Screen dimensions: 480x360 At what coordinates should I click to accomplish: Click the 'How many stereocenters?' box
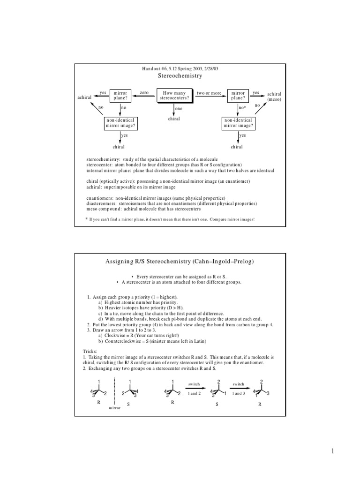click(174, 96)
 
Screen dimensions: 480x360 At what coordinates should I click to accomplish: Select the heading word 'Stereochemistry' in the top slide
click(180, 76)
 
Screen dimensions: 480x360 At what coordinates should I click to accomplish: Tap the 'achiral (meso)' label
click(274, 97)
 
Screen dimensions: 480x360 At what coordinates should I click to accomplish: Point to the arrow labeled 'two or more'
click(209, 96)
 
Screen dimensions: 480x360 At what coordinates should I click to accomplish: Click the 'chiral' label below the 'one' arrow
click(174, 119)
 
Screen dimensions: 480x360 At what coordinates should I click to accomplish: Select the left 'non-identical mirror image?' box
click(120, 123)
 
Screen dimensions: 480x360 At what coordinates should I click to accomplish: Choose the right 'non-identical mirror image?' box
click(238, 123)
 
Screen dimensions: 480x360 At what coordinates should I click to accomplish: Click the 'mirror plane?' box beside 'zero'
click(120, 96)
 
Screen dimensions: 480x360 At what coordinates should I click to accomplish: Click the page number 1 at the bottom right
click(332, 451)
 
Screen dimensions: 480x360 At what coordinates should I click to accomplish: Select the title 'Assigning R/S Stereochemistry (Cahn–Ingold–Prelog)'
click(180, 261)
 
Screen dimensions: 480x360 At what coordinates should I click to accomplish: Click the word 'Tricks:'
click(90, 351)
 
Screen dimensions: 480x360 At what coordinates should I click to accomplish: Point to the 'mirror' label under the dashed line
click(115, 408)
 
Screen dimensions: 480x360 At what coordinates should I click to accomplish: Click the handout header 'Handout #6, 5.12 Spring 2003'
click(180, 69)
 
